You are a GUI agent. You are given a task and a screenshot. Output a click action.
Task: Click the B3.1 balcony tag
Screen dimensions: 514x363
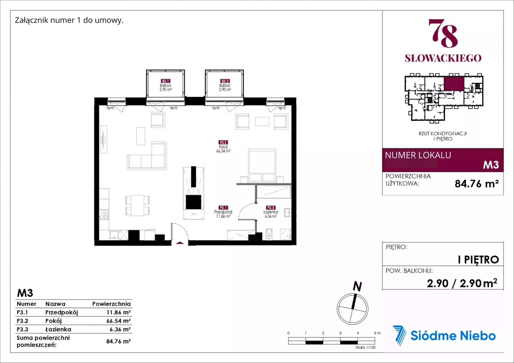pos(165,81)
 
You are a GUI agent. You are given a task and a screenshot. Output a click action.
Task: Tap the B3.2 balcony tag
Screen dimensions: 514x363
pos(225,81)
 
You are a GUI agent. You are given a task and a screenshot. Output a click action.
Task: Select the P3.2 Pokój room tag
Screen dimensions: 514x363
pos(223,143)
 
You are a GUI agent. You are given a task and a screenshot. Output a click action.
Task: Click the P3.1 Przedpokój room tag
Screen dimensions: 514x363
pos(223,208)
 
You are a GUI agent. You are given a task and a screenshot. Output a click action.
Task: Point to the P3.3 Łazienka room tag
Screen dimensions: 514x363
pos(271,208)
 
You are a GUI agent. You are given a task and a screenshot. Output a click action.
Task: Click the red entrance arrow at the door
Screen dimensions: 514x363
pos(180,243)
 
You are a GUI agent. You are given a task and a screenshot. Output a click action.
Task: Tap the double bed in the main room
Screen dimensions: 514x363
pos(262,166)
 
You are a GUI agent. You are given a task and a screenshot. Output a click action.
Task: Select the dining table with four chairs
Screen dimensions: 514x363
pos(137,205)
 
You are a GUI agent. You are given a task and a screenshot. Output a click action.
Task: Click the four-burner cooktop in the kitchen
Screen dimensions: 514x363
pos(104,215)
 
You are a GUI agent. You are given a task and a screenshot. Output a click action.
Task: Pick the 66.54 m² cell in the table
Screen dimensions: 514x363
pos(118,321)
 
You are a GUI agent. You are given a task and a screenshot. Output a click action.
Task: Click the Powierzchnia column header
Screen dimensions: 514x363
pos(111,304)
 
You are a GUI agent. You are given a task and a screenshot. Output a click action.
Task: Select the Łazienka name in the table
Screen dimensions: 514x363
pos(58,329)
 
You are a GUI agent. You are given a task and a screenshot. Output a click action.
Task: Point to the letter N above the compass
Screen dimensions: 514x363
pos(357,286)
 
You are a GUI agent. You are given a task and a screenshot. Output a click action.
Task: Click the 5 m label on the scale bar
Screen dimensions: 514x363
pos(377,333)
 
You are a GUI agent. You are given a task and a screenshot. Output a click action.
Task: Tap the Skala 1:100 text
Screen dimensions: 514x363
pos(365,347)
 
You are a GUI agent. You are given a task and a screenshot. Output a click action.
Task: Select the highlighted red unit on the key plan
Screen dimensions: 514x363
pos(454,83)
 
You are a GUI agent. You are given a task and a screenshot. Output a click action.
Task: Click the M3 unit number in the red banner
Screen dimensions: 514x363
pos(491,165)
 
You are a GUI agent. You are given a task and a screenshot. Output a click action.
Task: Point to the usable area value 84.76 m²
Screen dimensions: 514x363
pos(477,184)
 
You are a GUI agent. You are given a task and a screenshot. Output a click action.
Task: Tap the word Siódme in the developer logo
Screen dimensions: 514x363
pos(432,336)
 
